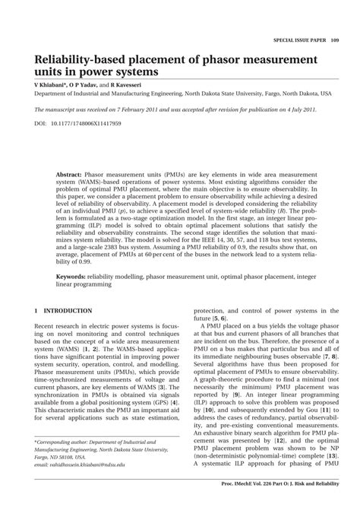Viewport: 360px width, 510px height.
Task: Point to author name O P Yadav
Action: (84, 85)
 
